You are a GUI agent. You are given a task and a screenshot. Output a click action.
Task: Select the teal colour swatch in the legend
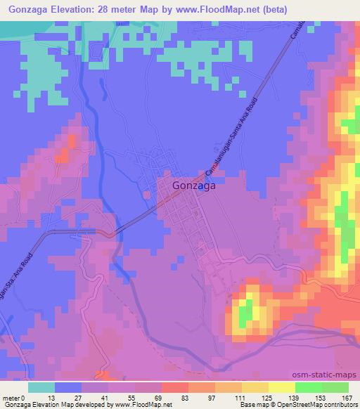[x=41, y=387]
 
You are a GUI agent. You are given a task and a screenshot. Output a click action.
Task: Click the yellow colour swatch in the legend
[x=282, y=387]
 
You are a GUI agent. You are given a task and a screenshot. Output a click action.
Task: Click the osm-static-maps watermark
[x=331, y=376]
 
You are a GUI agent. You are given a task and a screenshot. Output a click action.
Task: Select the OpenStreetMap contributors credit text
[x=321, y=405]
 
